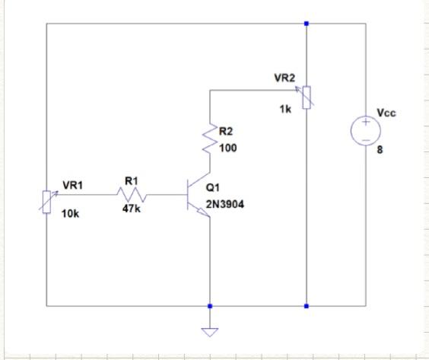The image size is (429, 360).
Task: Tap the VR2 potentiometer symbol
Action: pyautogui.click(x=306, y=97)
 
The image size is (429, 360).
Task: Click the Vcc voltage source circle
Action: pyautogui.click(x=365, y=130)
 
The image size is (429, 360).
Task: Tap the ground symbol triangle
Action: pyautogui.click(x=209, y=332)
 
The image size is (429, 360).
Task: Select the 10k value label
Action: pyautogui.click(x=70, y=215)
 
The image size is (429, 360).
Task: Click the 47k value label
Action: pyautogui.click(x=132, y=209)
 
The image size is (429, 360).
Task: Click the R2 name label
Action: pyautogui.click(x=226, y=132)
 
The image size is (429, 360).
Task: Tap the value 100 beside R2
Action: pyautogui.click(x=227, y=148)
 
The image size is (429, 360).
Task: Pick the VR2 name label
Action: pyautogui.click(x=284, y=78)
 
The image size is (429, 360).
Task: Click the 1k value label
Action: pyautogui.click(x=284, y=110)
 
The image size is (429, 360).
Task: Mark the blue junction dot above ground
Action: pyautogui.click(x=209, y=306)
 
